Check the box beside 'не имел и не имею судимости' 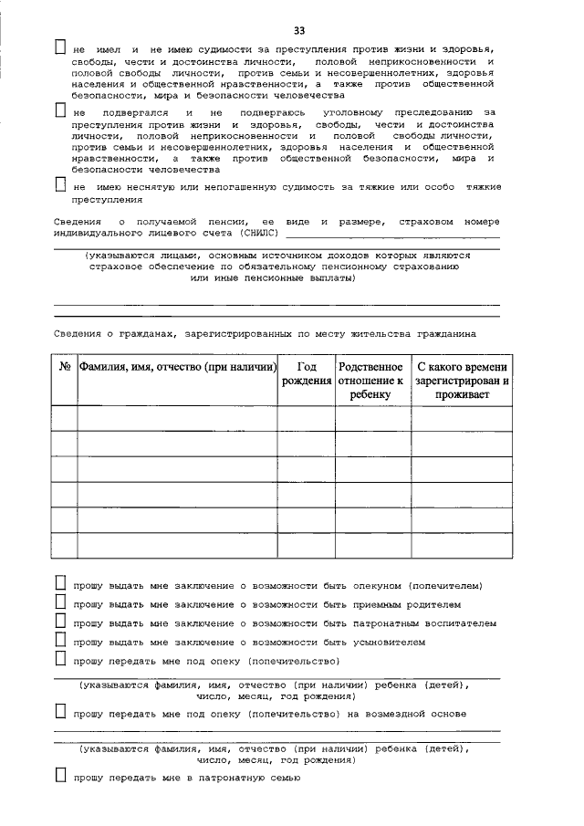[x=60, y=47]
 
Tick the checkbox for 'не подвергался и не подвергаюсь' [x=60, y=111]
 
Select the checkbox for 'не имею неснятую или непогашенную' [x=60, y=186]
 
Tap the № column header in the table [x=65, y=367]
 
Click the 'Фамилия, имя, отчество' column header [x=178, y=367]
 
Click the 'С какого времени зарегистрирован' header [x=462, y=381]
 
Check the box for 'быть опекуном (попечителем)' [x=60, y=583]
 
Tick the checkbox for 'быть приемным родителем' [x=60, y=602]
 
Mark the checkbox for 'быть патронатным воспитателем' [x=60, y=622]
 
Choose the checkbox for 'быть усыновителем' [x=60, y=641]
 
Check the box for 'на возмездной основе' [x=60, y=711]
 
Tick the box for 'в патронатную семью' [x=60, y=777]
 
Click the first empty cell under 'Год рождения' [x=307, y=418]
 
